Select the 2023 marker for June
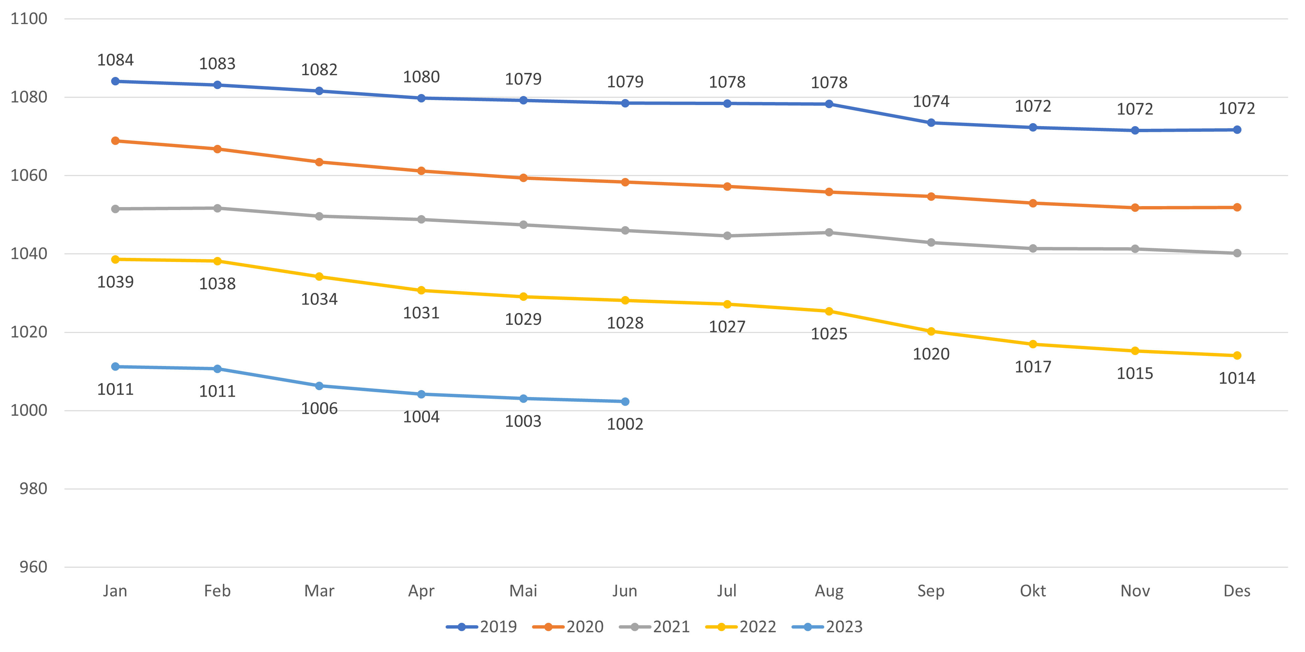(625, 401)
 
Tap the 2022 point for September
(931, 332)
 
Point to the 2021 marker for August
(829, 232)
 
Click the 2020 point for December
(1237, 207)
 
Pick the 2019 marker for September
(931, 123)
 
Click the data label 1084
(116, 60)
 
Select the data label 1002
(625, 424)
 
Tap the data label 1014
(1237, 378)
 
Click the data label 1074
(931, 102)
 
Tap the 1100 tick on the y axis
(29, 19)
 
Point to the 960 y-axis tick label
(33, 567)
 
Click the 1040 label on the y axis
(29, 254)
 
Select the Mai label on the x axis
(523, 591)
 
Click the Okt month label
(1033, 591)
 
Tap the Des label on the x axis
(1237, 591)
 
